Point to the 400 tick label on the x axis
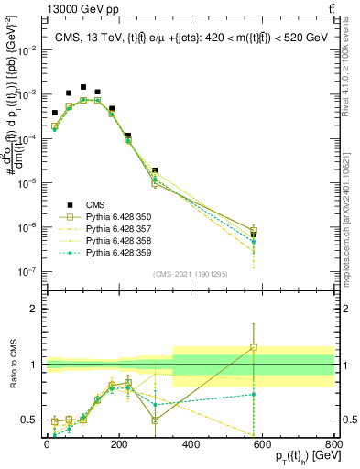191,445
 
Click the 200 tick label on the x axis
118,445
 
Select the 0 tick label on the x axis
47,445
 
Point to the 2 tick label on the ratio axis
34,309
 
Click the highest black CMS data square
83,87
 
